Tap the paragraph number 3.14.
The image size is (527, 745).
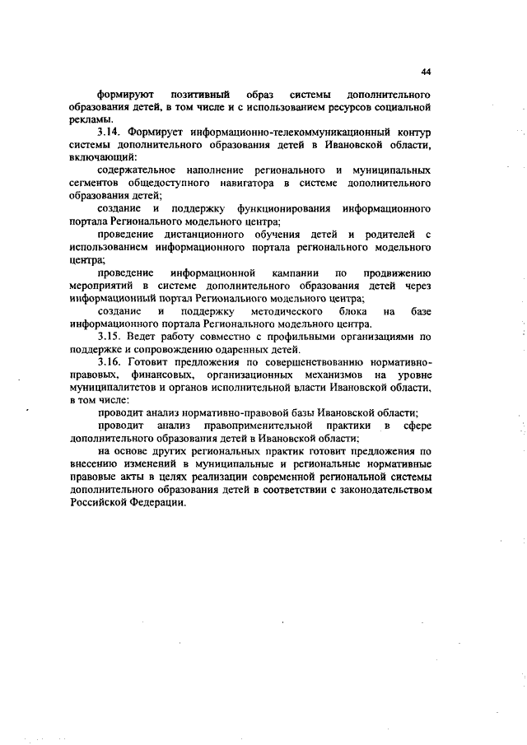(110, 132)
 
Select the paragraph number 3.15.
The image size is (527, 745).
(110, 337)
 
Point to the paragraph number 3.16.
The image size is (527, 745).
(110, 362)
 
